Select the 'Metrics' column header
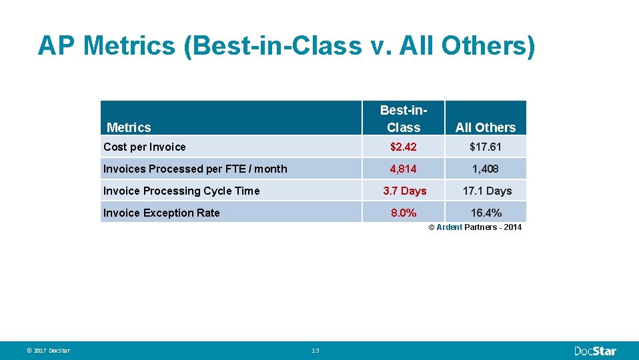[x=129, y=127]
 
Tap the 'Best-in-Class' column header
[x=404, y=119]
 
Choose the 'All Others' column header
[x=486, y=127]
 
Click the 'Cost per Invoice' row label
[x=145, y=147]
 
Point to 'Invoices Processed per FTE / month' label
[x=195, y=169]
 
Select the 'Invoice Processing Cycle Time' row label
[x=181, y=191]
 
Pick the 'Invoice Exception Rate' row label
[x=161, y=213]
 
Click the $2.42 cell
[x=404, y=147]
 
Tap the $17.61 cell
[x=486, y=147]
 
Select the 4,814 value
[x=404, y=169]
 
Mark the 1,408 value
[x=486, y=169]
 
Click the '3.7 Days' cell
[x=404, y=191]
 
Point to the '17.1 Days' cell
[x=487, y=191]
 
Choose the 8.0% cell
[x=404, y=213]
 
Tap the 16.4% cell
[x=486, y=213]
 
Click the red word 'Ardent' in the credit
[x=449, y=227]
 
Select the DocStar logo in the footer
[x=596, y=351]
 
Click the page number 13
[x=315, y=351]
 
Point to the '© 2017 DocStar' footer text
[x=49, y=351]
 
